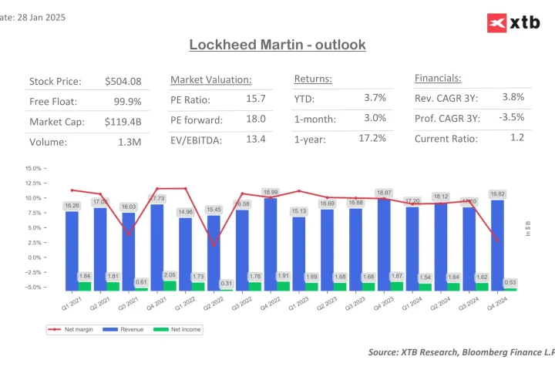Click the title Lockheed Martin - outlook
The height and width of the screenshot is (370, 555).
point(277,45)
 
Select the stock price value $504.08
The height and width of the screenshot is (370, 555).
point(123,82)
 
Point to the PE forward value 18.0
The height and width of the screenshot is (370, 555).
point(256,119)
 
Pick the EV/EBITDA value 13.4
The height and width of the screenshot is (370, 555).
point(256,139)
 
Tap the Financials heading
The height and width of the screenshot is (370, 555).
point(438,79)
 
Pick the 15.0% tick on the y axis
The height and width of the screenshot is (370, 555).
point(33,168)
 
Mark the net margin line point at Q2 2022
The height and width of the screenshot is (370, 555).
point(214,245)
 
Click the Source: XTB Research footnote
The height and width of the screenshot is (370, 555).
point(461,351)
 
